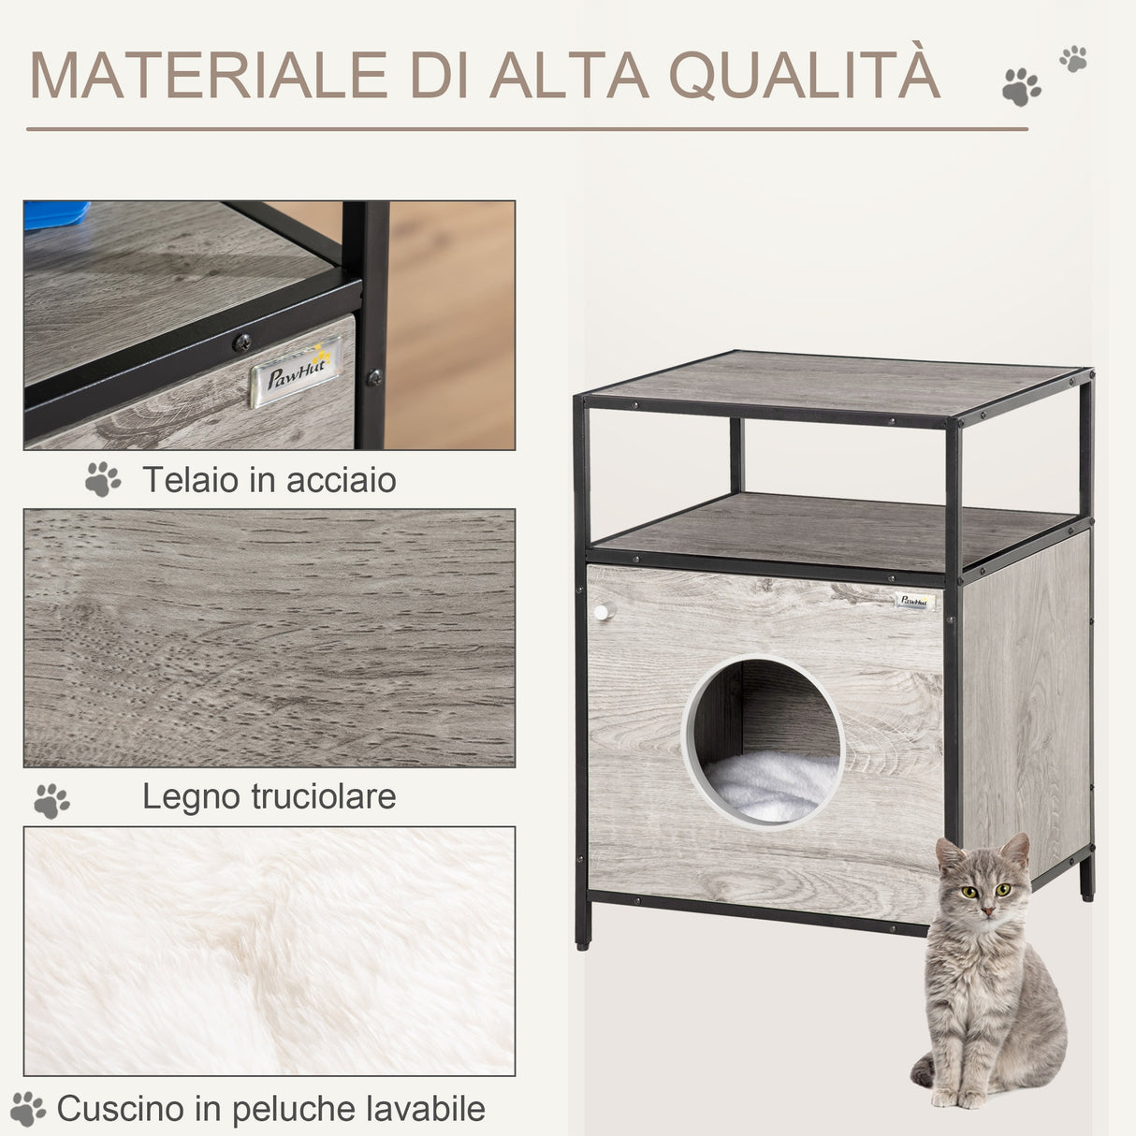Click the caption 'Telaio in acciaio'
(269, 480)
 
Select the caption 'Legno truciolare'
(269, 796)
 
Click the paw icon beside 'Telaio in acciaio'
(103, 479)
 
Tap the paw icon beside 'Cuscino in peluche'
(27, 1109)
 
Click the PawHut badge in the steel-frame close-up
(294, 373)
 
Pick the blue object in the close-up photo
(55, 214)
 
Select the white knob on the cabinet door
(601, 612)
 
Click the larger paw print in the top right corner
(1021, 87)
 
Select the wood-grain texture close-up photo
(269, 637)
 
